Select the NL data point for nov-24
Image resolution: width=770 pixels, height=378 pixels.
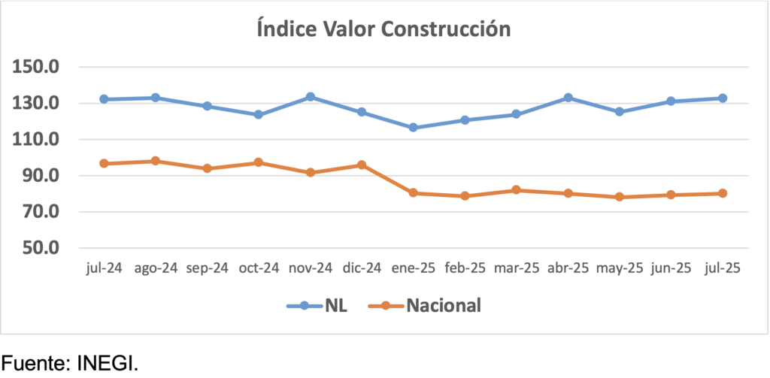pos(310,97)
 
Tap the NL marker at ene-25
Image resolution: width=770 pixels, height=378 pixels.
pos(413,128)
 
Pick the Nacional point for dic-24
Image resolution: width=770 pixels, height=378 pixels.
pos(361,165)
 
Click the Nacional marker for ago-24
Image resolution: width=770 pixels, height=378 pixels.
pos(155,161)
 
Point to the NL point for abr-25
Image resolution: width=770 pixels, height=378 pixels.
pos(568,98)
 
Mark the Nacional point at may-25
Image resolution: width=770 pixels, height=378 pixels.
pos(619,197)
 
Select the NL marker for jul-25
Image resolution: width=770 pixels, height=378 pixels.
pos(723,98)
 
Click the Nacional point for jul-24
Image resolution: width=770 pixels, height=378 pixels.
pos(104,163)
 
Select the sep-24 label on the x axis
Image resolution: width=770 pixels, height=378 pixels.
pos(207,269)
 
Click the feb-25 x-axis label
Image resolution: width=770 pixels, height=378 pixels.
pos(465,269)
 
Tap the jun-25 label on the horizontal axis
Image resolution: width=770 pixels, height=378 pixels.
pos(671,269)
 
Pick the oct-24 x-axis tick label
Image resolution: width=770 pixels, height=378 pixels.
pos(258,269)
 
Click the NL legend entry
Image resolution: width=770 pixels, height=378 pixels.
pos(317,306)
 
